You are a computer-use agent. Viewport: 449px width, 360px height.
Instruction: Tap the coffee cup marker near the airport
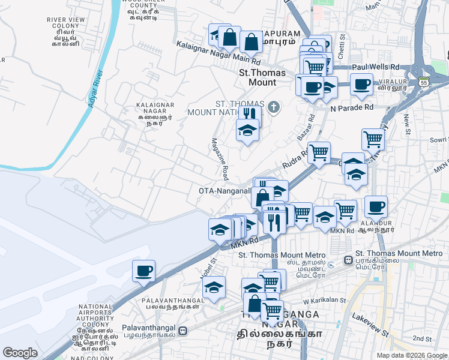coord(143,272)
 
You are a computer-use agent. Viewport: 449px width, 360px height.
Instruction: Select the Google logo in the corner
coord(20,352)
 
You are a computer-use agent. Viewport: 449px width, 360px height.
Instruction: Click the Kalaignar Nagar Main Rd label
coord(218,53)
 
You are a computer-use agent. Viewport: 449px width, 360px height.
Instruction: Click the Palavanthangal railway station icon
coord(182,331)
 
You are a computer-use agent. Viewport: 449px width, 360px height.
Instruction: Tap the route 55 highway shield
coord(424,82)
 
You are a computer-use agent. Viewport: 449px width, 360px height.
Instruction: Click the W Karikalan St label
coord(325,301)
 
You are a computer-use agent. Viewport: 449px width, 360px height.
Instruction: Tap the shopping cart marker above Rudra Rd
coord(318,152)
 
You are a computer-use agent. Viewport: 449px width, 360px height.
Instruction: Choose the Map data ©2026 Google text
coord(411,355)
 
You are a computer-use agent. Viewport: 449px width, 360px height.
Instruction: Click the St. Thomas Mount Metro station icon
coord(348,261)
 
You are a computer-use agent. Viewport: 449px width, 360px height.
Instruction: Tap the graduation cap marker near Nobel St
coord(214,287)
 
